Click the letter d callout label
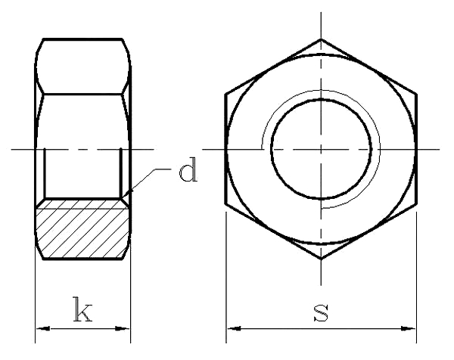pyautogui.click(x=187, y=172)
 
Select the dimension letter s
pyautogui.click(x=322, y=312)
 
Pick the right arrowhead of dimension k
pyautogui.click(x=124, y=329)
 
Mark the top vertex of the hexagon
pyautogui.click(x=322, y=39)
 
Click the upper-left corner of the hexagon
pyautogui.click(x=226, y=95)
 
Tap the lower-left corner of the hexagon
pyautogui.click(x=226, y=204)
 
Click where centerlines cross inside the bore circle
pyautogui.click(x=322, y=149)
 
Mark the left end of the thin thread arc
pyautogui.click(x=262, y=148)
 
